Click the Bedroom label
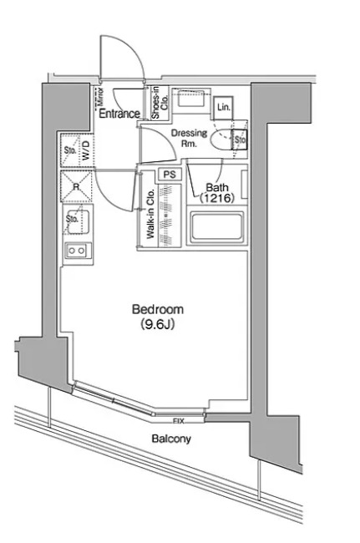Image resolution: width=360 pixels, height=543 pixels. [x=158, y=309]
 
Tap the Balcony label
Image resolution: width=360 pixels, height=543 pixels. [x=171, y=439]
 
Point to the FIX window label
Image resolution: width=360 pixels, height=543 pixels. [x=178, y=421]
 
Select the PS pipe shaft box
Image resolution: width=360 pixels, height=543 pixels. [x=170, y=175]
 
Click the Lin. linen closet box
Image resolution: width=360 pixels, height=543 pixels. [x=223, y=108]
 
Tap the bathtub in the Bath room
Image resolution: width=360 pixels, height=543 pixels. [x=217, y=226]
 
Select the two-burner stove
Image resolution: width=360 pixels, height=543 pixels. [x=77, y=250]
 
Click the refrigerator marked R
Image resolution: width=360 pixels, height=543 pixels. [x=76, y=186]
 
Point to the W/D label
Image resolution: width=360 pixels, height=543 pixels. [x=87, y=150]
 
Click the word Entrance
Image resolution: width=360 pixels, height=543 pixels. [x=119, y=114]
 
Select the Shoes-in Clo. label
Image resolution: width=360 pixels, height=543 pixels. [x=160, y=103]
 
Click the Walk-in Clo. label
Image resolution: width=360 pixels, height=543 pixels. [x=150, y=213]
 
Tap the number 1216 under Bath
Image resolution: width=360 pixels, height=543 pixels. [x=217, y=198]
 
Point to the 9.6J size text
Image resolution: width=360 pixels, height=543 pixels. [x=158, y=324]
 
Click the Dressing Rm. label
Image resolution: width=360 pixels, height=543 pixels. [x=189, y=138]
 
